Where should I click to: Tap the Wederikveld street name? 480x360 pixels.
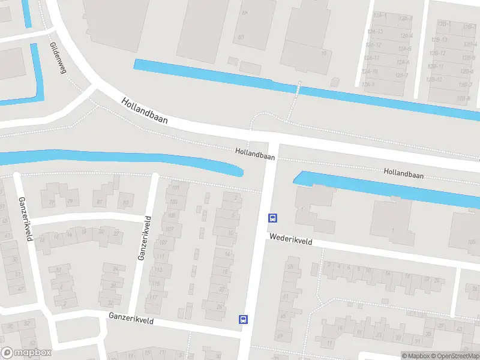pyautogui.click(x=291, y=238)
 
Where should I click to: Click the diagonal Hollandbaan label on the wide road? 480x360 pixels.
pyautogui.click(x=144, y=112)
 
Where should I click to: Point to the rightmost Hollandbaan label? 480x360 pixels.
pyautogui.click(x=404, y=173)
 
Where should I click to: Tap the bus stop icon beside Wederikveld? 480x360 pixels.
pyautogui.click(x=272, y=218)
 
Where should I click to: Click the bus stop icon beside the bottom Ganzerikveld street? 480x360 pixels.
pyautogui.click(x=243, y=319)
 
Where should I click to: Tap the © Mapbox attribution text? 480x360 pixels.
pyautogui.click(x=416, y=356)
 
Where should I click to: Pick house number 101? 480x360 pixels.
pyautogui.click(x=176, y=188)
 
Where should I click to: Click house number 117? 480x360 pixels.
pyautogui.click(x=154, y=298)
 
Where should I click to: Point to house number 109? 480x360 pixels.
pyautogui.click(x=164, y=242)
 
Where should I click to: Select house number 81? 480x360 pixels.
pyautogui.click(x=99, y=202)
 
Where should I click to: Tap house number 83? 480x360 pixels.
pyautogui.click(x=125, y=203)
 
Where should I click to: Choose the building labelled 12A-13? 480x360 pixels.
pyautogui.click(x=373, y=58)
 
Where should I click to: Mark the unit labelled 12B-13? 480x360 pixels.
pyautogui.click(x=440, y=40)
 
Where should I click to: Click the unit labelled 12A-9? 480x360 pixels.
pyautogui.click(x=369, y=85)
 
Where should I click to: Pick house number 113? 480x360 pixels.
pyautogui.click(x=159, y=270)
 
